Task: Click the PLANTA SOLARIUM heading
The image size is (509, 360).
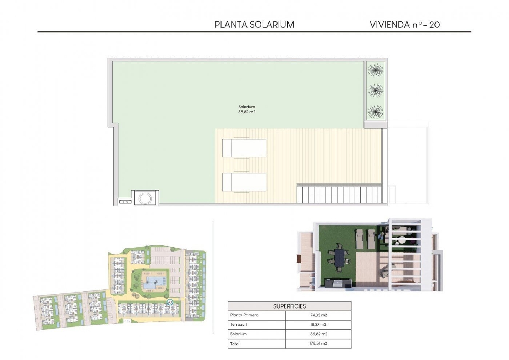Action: pos(254,24)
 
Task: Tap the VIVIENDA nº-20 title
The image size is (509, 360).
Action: pos(404,24)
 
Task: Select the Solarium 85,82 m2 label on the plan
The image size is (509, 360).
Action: pos(247,109)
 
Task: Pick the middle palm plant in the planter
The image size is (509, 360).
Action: pos(375,90)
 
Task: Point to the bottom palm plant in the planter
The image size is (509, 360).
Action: pos(375,111)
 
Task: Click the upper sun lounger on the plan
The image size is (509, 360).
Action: pos(244,148)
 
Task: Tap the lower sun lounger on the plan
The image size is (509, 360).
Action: pos(244,182)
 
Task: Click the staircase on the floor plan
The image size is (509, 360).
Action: pos(339,194)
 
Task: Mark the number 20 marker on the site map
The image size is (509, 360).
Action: pos(170,302)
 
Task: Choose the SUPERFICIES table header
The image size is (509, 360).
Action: pos(289,306)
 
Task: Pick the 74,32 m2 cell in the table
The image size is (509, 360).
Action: pos(318,315)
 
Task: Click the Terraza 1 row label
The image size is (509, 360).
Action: pos(239,325)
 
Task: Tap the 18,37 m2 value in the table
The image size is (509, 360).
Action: pos(318,325)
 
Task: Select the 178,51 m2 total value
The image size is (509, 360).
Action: pos(318,343)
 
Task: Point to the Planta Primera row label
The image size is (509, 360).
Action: pos(244,315)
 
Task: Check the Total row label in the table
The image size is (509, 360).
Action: pos(235,344)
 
